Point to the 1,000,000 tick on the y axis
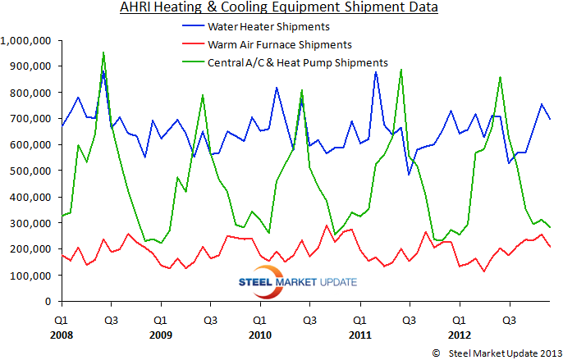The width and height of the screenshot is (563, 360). coord(27,40)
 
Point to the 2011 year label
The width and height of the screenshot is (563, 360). coord(359,335)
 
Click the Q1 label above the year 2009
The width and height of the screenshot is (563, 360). coord(161,321)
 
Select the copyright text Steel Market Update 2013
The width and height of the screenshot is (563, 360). coord(488,351)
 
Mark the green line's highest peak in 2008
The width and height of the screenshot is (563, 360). coord(103,52)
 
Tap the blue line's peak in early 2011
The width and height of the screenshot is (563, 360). coord(376,72)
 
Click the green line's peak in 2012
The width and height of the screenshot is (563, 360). coord(501,77)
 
